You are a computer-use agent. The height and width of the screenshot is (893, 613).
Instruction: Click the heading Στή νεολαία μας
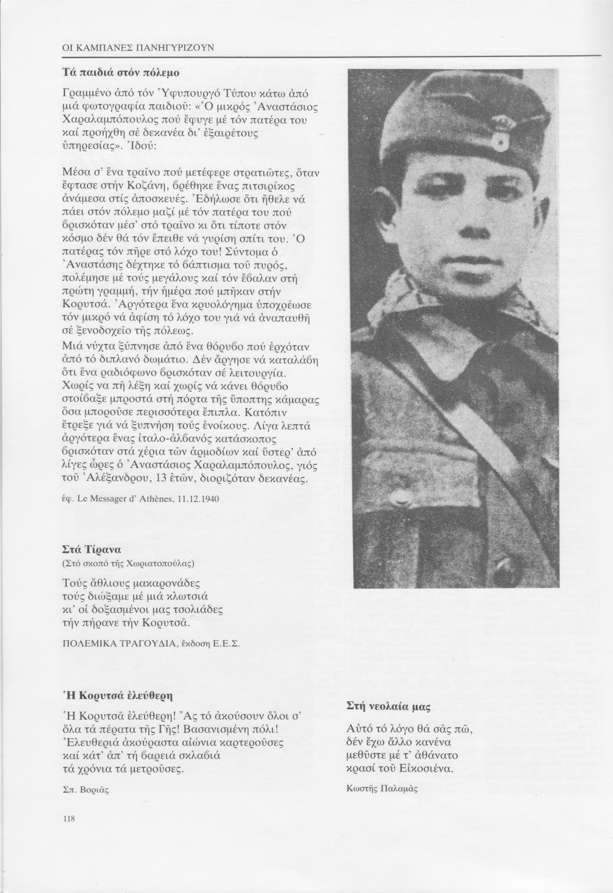coord(387,706)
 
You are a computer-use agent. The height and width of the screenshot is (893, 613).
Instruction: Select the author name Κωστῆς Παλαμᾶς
coord(382,788)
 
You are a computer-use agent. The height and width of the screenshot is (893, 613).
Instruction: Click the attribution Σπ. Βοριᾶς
coord(81,789)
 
